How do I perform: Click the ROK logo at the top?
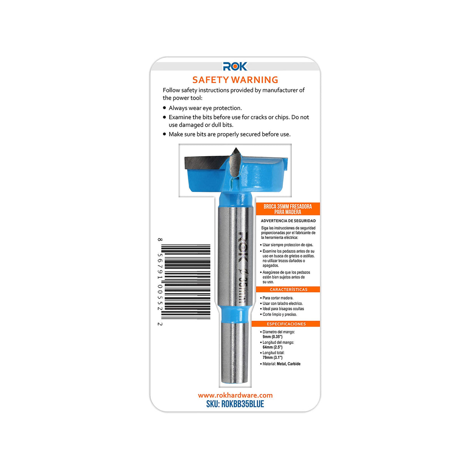235,67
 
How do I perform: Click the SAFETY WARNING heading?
235,80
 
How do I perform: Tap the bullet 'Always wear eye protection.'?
205,108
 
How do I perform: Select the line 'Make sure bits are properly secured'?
229,134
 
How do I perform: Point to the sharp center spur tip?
235,150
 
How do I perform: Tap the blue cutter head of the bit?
262,177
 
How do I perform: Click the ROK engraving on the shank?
241,246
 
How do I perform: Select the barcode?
187,282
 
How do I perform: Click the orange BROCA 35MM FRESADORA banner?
288,209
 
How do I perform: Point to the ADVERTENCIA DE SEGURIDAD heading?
288,221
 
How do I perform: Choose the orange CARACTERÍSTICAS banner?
288,289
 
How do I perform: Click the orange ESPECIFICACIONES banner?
286,324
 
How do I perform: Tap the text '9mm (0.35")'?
272,337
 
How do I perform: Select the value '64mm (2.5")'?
272,347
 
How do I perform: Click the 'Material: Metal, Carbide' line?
281,364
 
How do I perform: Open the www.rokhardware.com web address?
235,395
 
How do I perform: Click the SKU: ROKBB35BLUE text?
235,404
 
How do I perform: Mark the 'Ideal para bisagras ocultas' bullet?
283,309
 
